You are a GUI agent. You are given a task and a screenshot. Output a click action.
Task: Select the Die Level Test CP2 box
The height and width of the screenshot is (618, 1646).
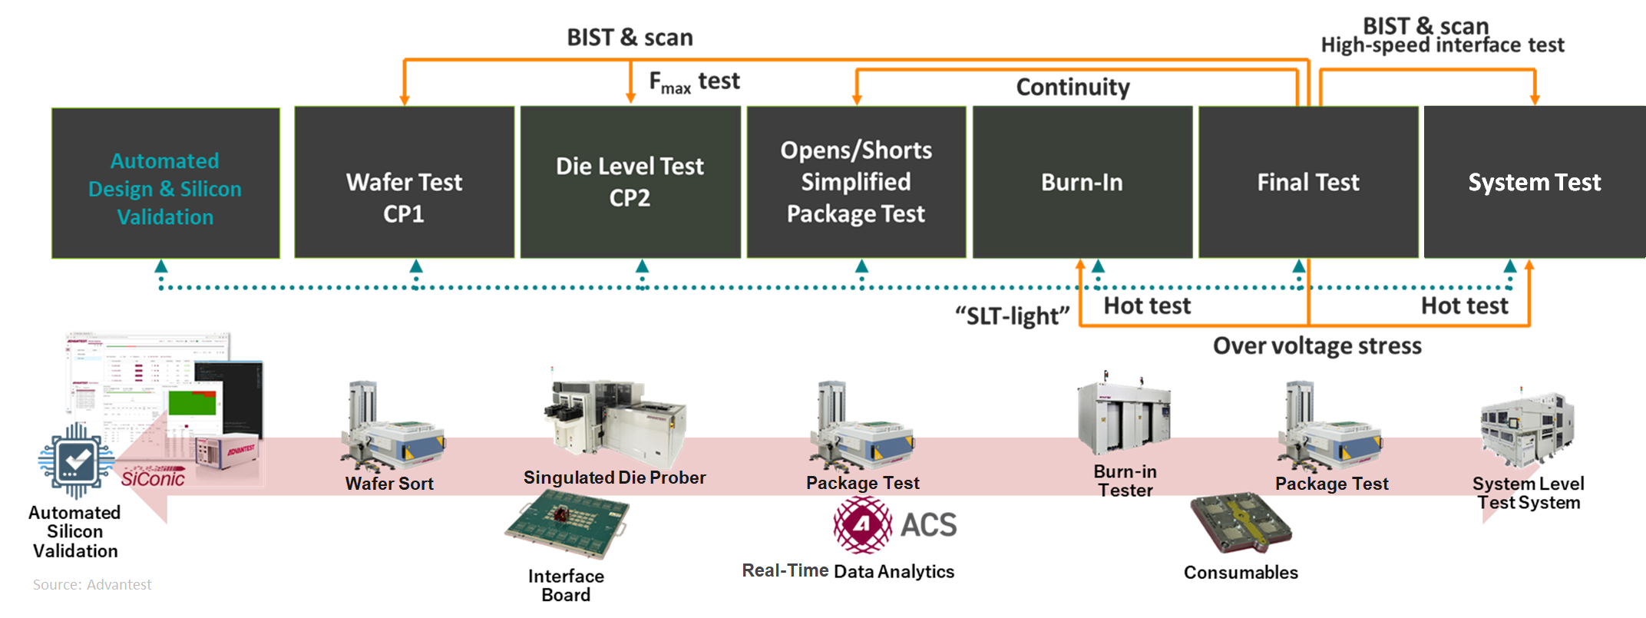coord(630,182)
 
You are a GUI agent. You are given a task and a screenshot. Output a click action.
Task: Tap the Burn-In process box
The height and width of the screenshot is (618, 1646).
coord(1082,182)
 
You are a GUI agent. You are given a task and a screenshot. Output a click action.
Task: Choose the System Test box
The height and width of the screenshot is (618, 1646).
coord(1534,182)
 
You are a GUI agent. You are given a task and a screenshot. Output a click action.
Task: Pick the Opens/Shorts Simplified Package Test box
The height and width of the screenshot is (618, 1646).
coord(856,182)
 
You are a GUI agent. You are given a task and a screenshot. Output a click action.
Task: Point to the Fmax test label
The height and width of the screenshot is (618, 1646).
coord(694,81)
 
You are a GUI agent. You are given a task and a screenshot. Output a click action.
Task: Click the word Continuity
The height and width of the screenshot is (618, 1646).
coord(1073,88)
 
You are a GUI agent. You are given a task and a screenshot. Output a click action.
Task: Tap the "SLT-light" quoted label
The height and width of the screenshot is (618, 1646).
coord(1012,316)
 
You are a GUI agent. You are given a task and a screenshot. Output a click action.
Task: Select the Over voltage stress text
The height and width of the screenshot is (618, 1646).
coord(1317,346)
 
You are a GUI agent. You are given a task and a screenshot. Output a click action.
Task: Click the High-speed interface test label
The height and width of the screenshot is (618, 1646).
coord(1442,46)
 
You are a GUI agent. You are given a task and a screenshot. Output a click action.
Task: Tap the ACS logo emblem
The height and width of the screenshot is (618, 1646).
coord(863,525)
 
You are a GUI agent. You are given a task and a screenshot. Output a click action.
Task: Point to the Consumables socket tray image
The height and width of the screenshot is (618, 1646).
coord(1241,524)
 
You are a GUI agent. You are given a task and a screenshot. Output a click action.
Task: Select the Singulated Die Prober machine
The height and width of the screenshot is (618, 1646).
coord(614,421)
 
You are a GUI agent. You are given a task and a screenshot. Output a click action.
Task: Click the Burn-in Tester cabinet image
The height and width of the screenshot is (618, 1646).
coord(1124,419)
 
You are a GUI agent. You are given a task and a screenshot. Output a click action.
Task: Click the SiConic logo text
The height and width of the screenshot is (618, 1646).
coord(153,478)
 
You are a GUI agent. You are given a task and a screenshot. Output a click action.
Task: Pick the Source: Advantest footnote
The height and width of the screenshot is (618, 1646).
coord(92,585)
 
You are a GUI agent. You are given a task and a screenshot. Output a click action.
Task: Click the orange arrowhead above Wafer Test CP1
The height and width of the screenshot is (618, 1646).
coord(405,101)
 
